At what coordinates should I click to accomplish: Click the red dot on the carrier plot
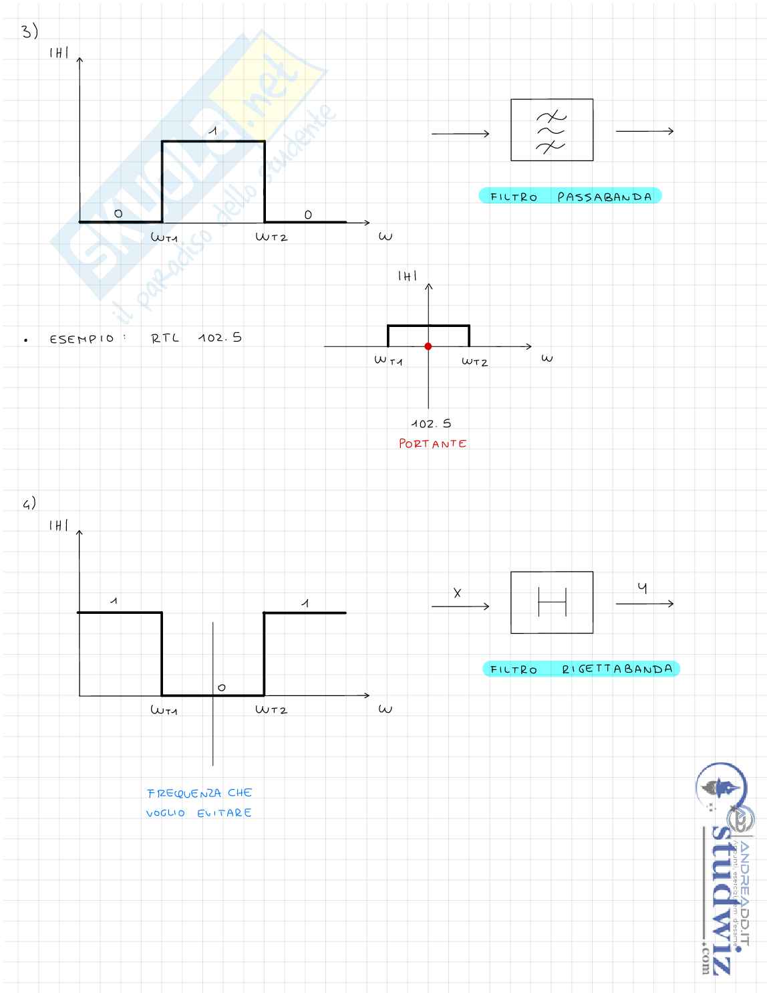pos(428,346)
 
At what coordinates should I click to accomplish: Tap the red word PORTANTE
pos(432,443)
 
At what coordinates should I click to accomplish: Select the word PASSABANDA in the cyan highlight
pos(605,197)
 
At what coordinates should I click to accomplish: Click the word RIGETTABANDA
pos(617,669)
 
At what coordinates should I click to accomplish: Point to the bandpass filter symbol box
pos(551,130)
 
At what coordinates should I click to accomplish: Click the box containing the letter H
pos(551,602)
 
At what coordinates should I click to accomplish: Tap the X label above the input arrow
pos(458,592)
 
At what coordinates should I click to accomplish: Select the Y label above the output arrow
pos(642,588)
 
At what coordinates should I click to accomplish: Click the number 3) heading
pos(29,31)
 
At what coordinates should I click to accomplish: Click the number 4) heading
pos(29,504)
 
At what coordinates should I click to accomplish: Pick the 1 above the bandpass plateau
pos(212,131)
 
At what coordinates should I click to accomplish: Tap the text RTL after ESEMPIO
pos(165,338)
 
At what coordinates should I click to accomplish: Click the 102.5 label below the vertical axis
pos(431,423)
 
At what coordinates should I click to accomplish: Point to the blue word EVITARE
pos(224,813)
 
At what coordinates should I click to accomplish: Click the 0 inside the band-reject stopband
pos(222,687)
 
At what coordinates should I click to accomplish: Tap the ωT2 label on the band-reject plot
pos(271,709)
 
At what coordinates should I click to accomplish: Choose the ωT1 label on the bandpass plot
pos(164,237)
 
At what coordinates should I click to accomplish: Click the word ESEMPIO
pos(82,339)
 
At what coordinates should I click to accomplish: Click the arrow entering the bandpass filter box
pos(460,134)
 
